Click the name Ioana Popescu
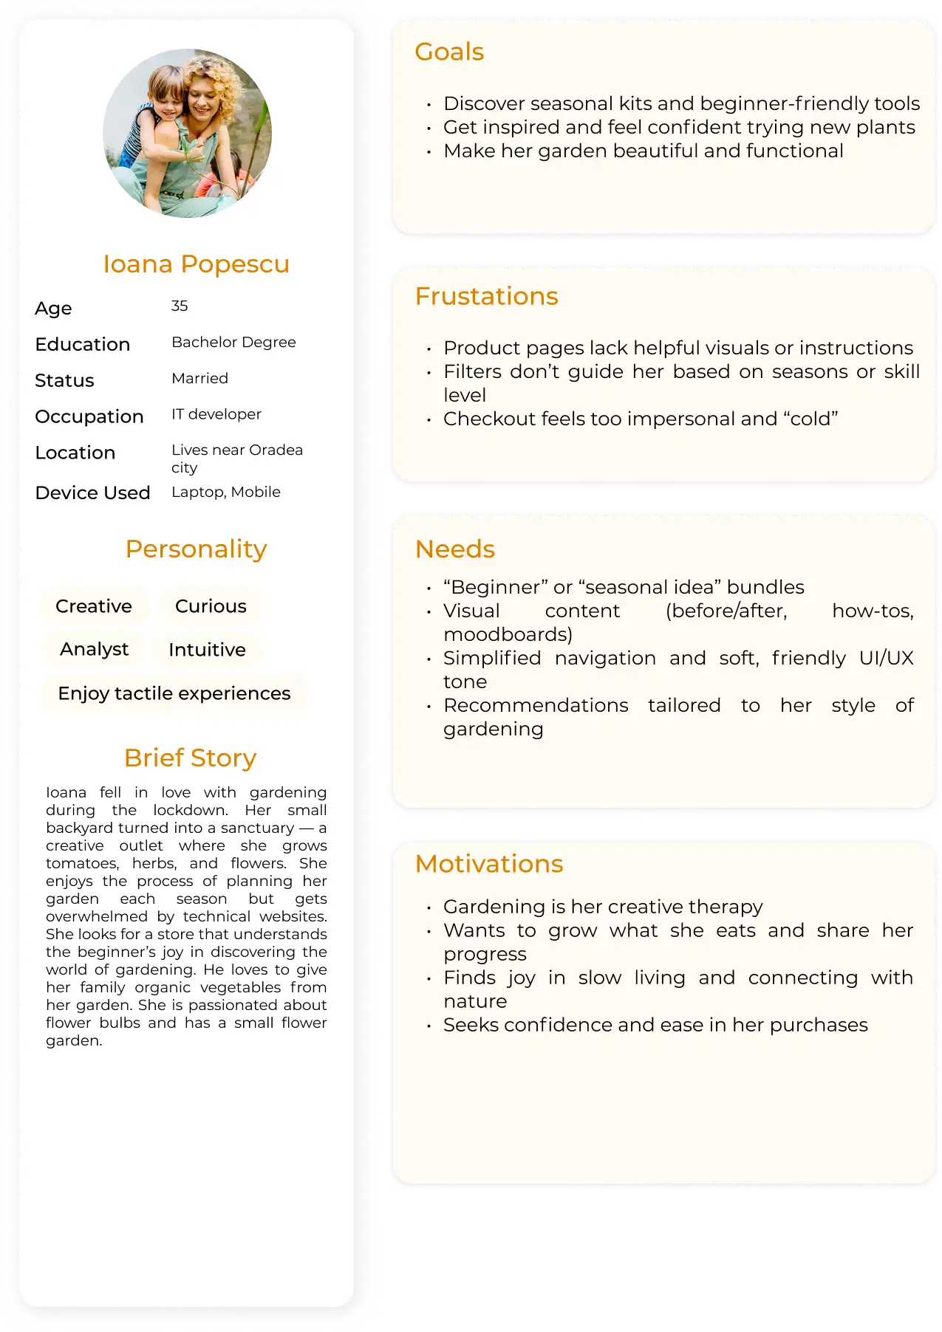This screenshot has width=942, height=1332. [196, 264]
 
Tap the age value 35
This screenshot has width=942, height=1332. [180, 306]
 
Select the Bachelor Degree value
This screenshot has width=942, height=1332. [233, 342]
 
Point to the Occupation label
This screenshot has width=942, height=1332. [89, 416]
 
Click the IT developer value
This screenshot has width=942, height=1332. [216, 414]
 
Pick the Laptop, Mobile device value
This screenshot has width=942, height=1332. [225, 492]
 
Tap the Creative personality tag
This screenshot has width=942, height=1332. [94, 606]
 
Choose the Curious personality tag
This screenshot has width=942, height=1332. [211, 606]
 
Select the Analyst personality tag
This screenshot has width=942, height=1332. [94, 649]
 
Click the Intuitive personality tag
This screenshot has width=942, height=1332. [207, 650]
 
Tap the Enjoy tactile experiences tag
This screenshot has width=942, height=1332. [174, 693]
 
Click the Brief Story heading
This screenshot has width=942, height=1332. [190, 758]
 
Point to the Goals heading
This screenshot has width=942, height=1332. [449, 52]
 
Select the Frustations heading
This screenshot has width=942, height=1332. [486, 296]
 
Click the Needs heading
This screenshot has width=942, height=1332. [454, 549]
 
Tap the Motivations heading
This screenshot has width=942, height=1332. [489, 864]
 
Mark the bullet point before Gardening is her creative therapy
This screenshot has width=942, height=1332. [429, 907]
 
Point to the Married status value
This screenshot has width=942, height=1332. [199, 378]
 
